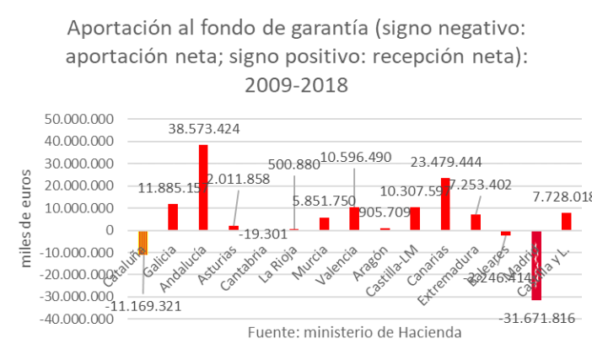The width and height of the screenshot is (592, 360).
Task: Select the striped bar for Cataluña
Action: click(143, 242)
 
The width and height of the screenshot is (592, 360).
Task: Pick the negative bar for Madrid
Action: click(536, 265)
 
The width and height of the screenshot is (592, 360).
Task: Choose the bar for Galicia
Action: click(173, 217)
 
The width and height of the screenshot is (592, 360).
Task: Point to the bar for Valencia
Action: click(354, 218)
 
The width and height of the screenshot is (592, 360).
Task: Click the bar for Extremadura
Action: click(476, 222)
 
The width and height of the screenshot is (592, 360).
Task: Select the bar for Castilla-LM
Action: click(415, 218)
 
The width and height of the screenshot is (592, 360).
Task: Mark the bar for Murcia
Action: click(324, 223)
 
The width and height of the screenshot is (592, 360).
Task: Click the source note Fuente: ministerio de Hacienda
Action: click(354, 333)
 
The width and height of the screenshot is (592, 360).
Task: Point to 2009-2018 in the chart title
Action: click(296, 86)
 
